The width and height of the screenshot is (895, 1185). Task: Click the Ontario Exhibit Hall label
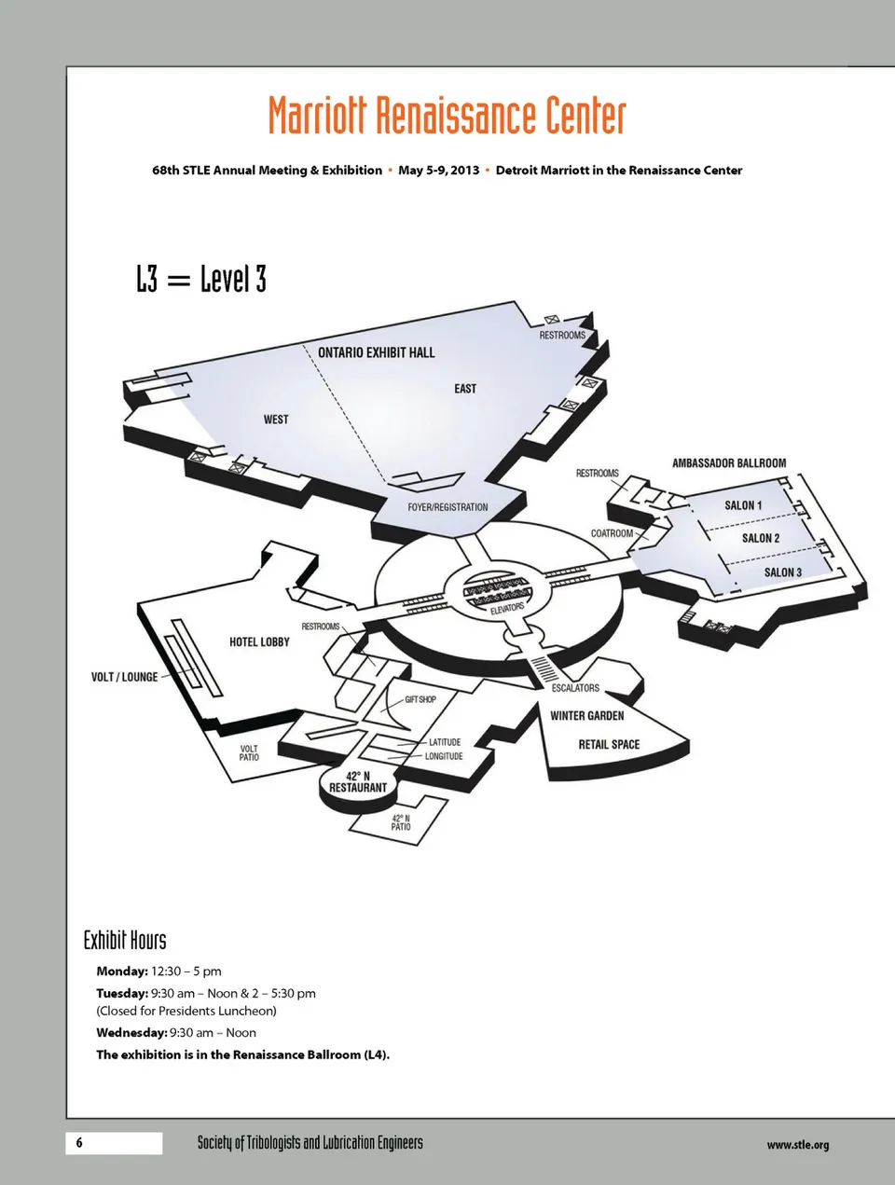pos(377,352)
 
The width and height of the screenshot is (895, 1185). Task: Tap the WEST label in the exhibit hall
pos(276,420)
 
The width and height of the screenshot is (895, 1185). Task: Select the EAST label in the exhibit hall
pos(465,389)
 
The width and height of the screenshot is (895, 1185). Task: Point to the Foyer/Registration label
pos(447,507)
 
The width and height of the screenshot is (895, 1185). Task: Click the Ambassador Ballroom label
pos(729,462)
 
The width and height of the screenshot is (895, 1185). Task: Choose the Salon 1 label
pos(743,505)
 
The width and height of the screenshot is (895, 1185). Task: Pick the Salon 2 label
pos(761,538)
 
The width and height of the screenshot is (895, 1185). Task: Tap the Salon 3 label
pos(783,572)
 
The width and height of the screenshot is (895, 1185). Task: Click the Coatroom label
pos(613,533)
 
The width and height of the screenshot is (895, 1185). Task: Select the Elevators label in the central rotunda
pos(507,609)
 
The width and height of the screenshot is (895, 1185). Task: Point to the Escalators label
pos(575,688)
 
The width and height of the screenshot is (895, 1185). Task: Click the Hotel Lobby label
pos(260,641)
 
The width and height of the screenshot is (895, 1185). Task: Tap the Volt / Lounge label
pos(125,677)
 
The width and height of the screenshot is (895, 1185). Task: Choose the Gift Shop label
pos(420,699)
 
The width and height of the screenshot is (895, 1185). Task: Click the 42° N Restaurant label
pos(358,781)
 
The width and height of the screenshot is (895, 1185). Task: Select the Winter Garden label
pos(586,716)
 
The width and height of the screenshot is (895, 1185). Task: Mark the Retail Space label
pos(609,745)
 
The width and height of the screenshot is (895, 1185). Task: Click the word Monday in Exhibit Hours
pos(122,971)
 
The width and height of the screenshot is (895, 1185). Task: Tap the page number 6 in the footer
pos(79,1142)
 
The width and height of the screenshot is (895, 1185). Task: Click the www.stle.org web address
pos(798,1145)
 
